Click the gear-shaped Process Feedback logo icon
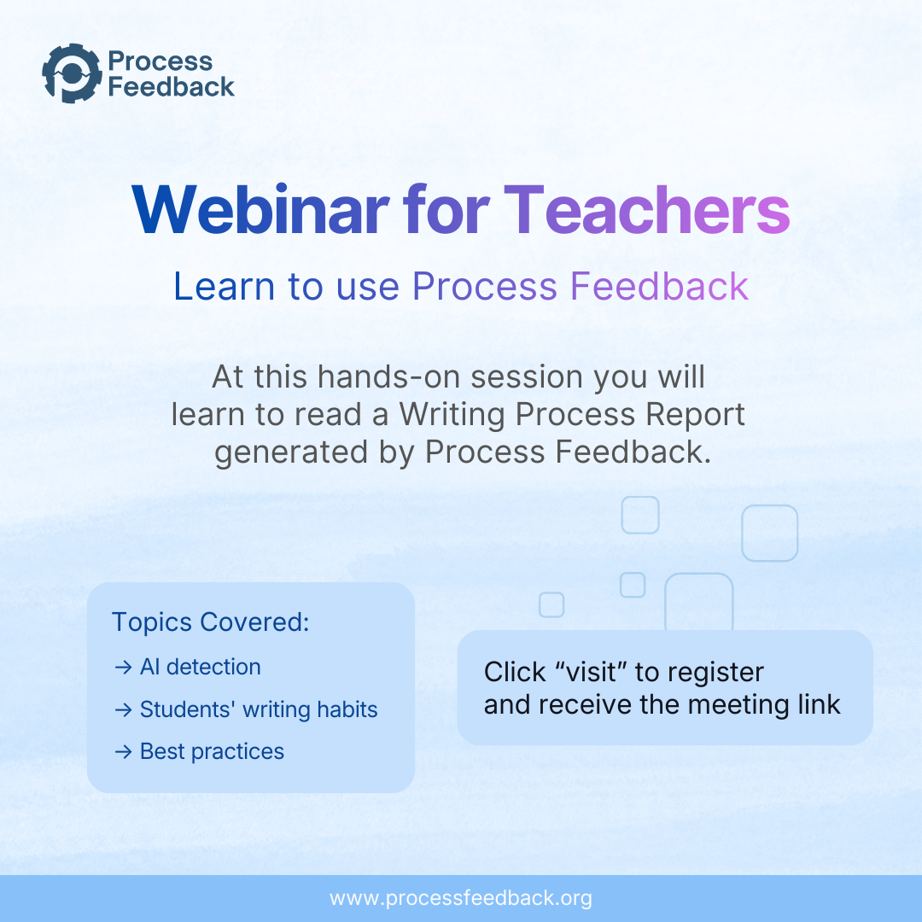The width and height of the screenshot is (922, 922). (72, 73)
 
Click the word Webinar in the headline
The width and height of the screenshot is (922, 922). (260, 210)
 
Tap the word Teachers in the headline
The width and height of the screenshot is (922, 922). (646, 210)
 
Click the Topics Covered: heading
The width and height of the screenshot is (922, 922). (211, 621)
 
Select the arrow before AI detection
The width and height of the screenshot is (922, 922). (124, 668)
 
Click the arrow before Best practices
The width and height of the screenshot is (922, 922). (124, 752)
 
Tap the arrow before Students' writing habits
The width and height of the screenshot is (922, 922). (124, 710)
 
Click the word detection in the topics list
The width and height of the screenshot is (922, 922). (213, 667)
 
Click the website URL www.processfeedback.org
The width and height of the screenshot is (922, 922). (461, 898)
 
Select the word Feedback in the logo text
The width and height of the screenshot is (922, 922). (171, 86)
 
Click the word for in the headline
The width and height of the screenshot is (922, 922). (446, 210)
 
